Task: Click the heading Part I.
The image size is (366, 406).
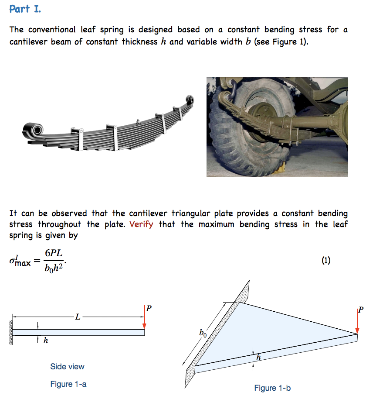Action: point(25,9)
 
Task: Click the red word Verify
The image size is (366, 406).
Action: point(141,224)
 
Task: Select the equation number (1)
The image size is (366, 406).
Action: point(326,261)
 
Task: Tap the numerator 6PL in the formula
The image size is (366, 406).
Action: point(56,254)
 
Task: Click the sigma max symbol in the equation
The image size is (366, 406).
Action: point(20,261)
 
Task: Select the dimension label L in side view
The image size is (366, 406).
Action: point(78,317)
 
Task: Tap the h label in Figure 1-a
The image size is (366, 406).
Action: point(45,341)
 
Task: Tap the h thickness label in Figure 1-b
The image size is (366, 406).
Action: point(258,358)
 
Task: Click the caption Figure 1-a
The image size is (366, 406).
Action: point(68,384)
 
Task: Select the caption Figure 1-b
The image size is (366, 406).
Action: point(272,388)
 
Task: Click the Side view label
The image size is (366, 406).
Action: point(67,367)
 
